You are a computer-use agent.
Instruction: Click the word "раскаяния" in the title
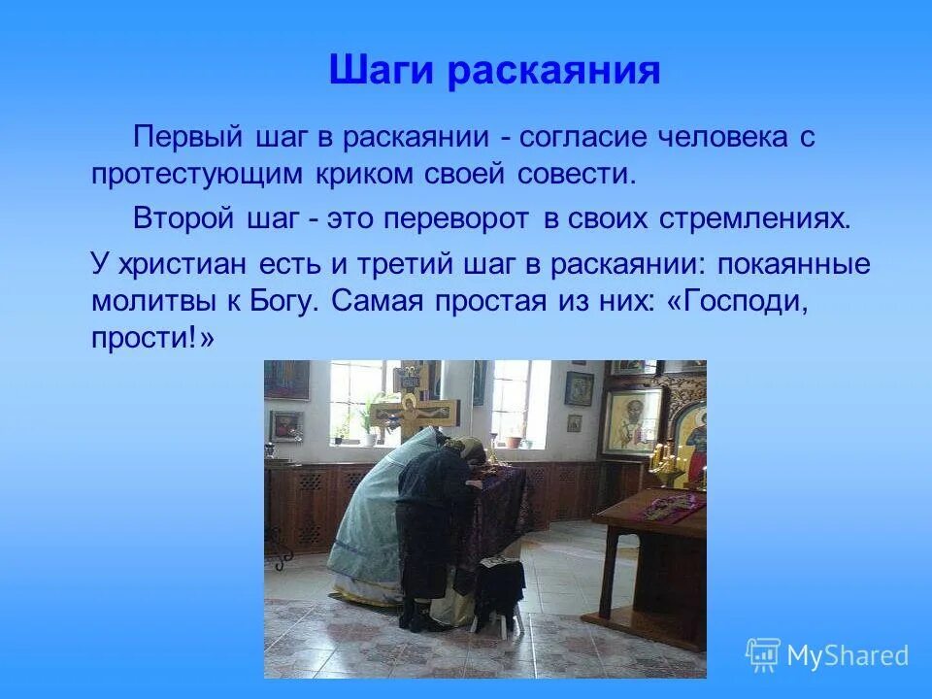[x=553, y=72]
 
